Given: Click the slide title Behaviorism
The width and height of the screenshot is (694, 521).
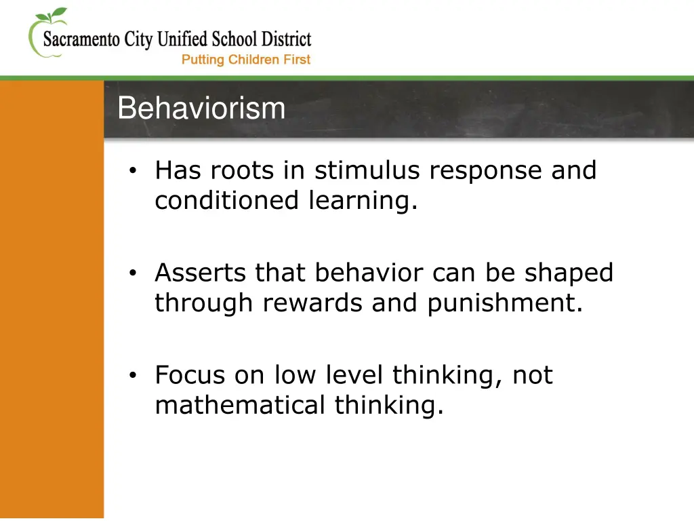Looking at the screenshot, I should pos(201,109).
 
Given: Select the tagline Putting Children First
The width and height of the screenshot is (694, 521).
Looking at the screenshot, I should pos(245,60).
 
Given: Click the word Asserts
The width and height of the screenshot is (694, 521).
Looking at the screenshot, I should pos(201,273).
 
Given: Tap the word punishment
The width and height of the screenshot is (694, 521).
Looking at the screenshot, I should pos(504,303).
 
